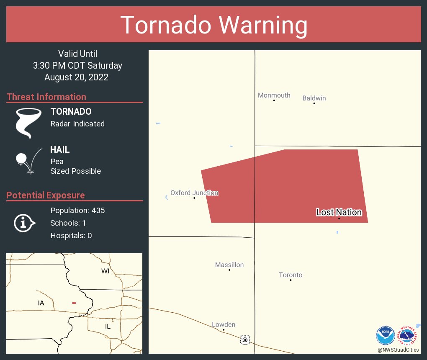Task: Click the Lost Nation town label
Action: [x=339, y=212]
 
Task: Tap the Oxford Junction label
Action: [x=194, y=193]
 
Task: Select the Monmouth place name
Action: [x=274, y=95]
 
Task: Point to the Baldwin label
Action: [x=314, y=98]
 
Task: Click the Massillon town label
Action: [x=229, y=265]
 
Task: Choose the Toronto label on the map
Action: [x=291, y=275]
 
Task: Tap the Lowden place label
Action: [x=224, y=324]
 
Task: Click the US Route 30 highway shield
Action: [x=245, y=340]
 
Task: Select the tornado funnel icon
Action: [x=28, y=123]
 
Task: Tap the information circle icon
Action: [x=24, y=223]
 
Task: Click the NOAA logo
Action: [x=385, y=336]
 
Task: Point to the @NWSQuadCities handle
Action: [x=398, y=350]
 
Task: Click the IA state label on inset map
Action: [x=41, y=303]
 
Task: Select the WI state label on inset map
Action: [x=105, y=271]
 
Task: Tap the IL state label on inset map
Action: [x=108, y=326]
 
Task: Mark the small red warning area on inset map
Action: [x=74, y=303]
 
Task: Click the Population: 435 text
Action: [x=77, y=210]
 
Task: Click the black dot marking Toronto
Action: [x=291, y=280]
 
